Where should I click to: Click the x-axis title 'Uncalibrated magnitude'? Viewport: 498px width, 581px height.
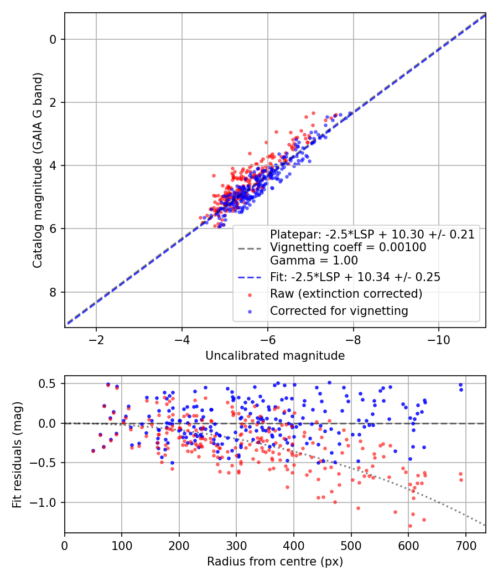(275, 356)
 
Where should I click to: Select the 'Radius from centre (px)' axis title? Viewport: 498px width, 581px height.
(275, 562)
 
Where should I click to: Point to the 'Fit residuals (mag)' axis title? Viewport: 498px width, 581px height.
(17, 454)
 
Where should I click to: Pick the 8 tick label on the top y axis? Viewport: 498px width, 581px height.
(53, 292)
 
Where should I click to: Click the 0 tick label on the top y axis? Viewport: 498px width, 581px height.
(53, 39)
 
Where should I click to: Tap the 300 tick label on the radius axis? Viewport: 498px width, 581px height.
(236, 546)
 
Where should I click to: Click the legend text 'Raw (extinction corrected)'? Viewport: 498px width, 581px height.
(346, 294)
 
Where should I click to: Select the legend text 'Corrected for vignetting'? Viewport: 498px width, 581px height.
(339, 311)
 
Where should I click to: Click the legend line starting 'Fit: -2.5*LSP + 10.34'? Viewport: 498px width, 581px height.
(355, 277)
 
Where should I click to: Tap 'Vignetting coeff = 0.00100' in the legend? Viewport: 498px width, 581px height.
(348, 247)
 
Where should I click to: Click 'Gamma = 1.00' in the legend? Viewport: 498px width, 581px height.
(314, 260)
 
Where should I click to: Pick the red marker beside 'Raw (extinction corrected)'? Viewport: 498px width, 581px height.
(250, 294)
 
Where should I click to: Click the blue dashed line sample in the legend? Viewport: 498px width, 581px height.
(250, 277)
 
